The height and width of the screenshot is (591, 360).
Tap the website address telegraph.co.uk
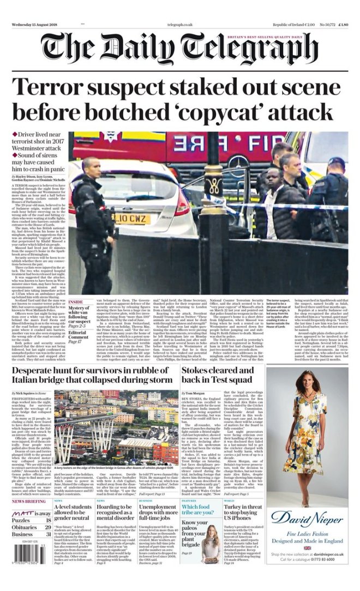click(x=180, y=25)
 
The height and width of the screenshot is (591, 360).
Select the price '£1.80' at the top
click(x=343, y=25)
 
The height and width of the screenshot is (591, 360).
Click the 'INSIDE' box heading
click(x=76, y=301)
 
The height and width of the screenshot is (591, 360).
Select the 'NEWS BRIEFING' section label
click(x=29, y=501)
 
